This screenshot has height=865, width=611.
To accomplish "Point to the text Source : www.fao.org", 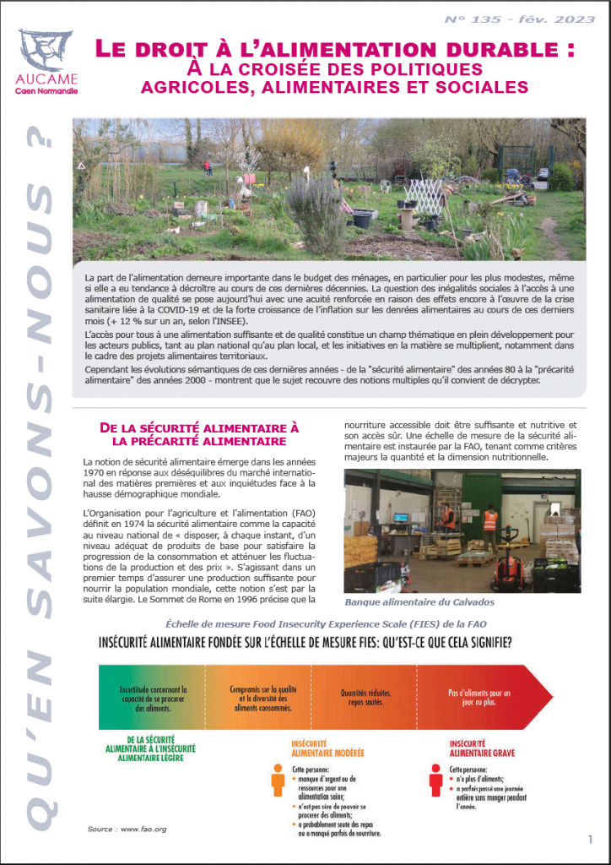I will coord(126,830).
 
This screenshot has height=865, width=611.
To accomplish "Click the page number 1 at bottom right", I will coord(589,840).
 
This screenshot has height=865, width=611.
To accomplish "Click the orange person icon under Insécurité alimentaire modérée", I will coord(278,780).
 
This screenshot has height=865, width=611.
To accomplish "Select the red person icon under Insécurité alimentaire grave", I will coord(436,780).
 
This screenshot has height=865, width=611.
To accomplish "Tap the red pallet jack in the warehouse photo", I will coord(508,569).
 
